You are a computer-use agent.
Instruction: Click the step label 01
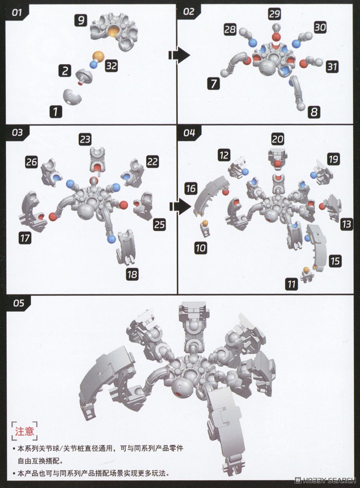click(17, 13)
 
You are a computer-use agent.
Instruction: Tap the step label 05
click(18, 303)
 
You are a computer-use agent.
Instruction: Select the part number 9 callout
click(81, 20)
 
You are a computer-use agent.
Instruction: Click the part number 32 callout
click(111, 66)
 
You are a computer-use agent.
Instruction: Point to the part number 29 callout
click(274, 14)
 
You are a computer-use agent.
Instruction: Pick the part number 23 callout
click(85, 139)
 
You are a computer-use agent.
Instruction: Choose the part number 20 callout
click(277, 139)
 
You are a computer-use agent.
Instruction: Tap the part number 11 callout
click(292, 284)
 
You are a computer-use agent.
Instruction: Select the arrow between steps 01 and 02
click(179, 55)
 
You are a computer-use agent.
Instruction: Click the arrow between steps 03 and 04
click(180, 208)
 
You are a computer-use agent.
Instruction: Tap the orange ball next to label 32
click(98, 57)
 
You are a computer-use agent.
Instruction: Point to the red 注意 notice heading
click(24, 431)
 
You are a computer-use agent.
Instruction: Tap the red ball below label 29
click(277, 37)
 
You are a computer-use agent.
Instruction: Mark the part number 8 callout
click(314, 112)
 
